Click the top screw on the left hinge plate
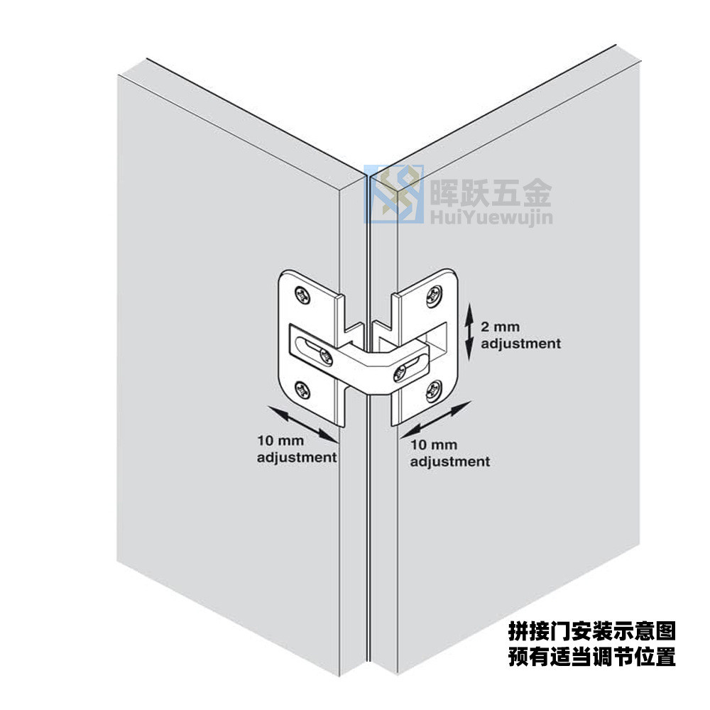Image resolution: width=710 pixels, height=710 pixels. coord(302,295)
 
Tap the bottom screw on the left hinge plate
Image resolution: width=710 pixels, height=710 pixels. coord(302,390)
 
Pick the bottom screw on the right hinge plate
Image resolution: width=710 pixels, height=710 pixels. coord(433,390)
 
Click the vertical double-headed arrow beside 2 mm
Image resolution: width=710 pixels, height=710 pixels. coord(469,332)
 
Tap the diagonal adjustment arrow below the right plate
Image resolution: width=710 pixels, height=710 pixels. coord(436,420)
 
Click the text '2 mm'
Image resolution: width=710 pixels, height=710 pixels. coord(500,327)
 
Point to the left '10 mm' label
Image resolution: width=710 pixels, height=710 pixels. coord(280,440)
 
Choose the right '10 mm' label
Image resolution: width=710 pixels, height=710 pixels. coord(433,444)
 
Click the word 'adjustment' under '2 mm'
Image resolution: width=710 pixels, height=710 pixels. coord(520,344)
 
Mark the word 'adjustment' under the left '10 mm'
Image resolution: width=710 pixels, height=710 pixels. coord(297,457)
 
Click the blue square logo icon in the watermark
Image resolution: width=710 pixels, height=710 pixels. coord(394,195)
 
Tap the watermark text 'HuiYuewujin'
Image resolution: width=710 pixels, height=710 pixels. coord(491,217)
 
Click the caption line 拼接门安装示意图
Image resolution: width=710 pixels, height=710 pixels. coord(592,631)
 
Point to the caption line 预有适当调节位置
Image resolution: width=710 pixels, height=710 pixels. coord(592,656)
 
